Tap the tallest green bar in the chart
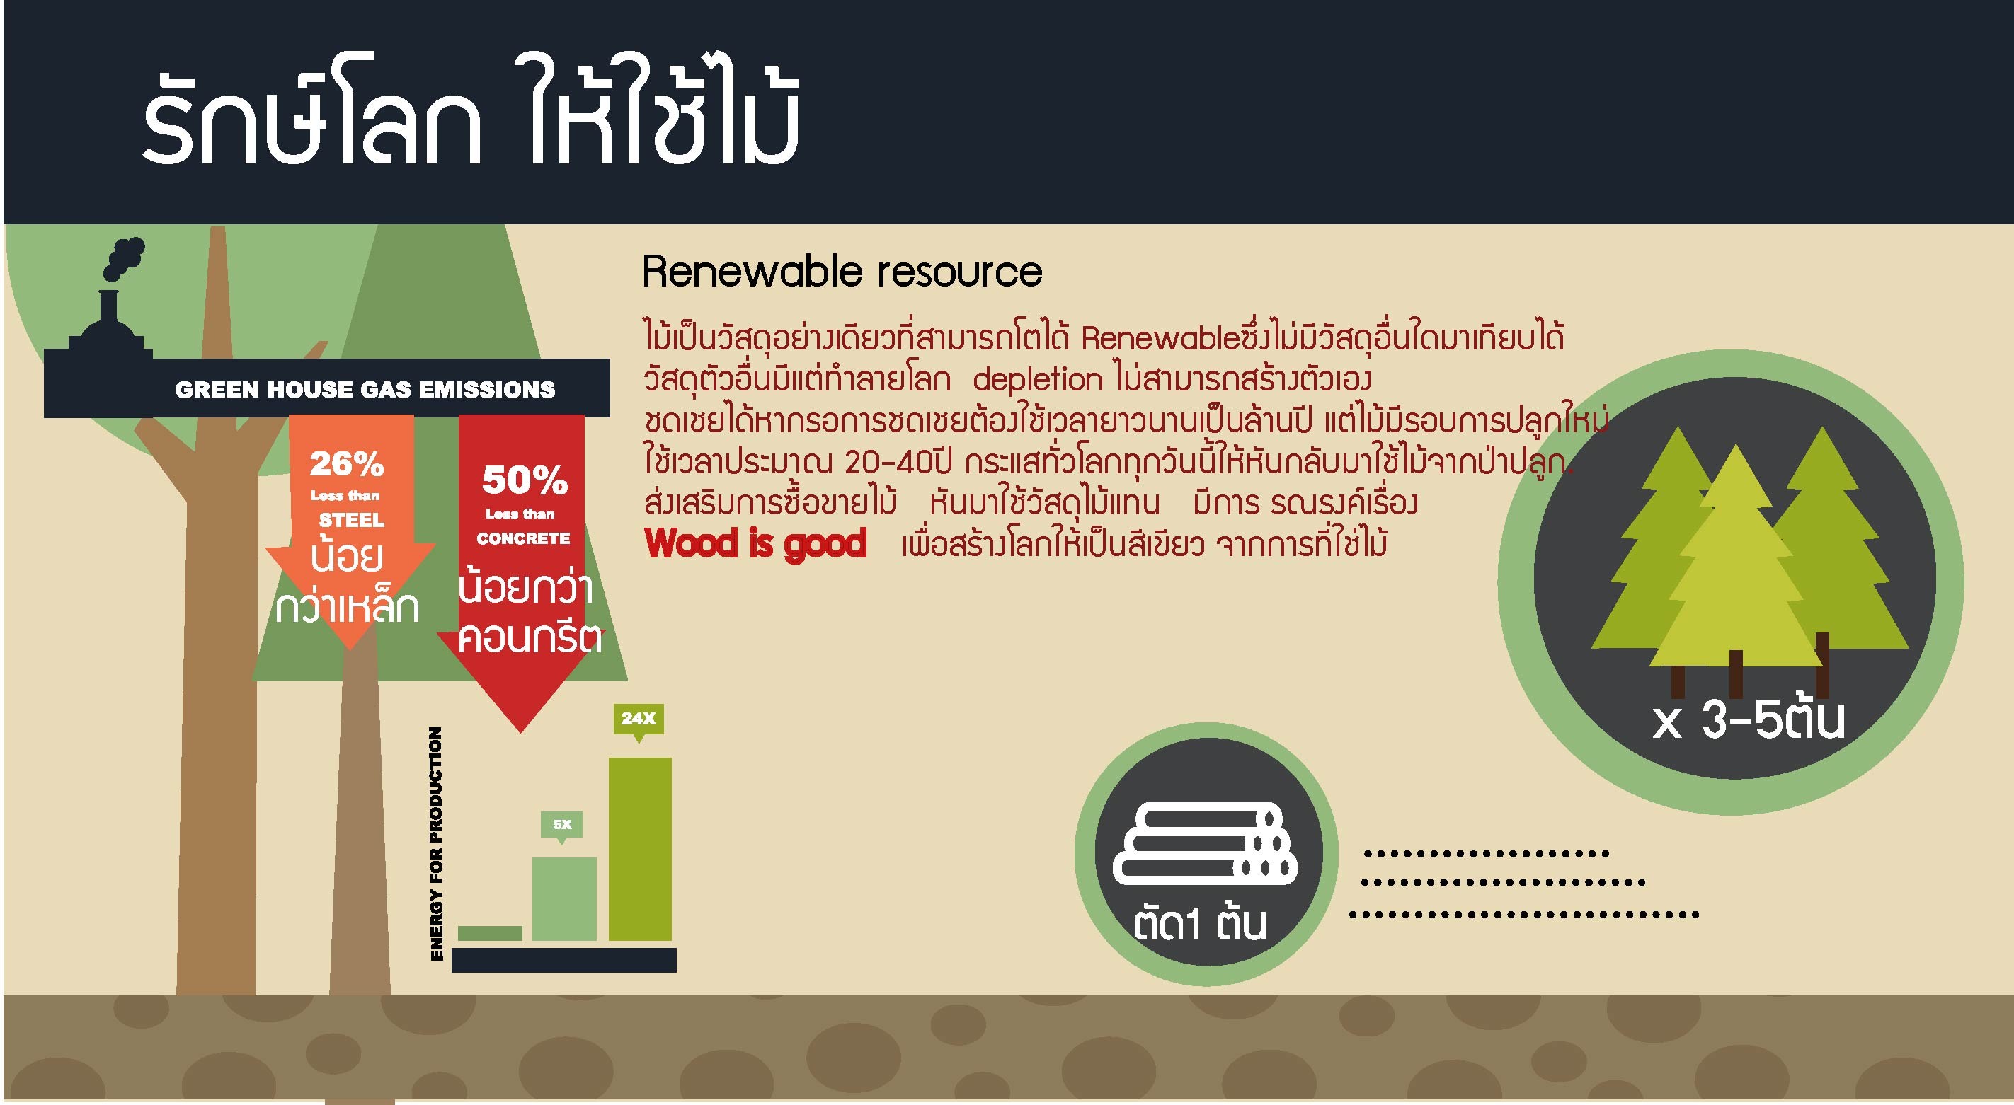pyautogui.click(x=639, y=849)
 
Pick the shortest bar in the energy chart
pyautogui.click(x=490, y=933)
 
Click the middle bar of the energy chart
pyautogui.click(x=564, y=898)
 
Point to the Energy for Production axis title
pyautogui.click(x=436, y=843)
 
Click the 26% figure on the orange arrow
pyautogui.click(x=347, y=465)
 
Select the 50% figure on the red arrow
pyautogui.click(x=525, y=480)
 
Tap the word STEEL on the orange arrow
pyautogui.click(x=352, y=521)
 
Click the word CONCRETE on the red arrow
pyautogui.click(x=523, y=539)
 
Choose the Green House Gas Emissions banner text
pyautogui.click(x=365, y=390)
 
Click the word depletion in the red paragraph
pyautogui.click(x=1038, y=381)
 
